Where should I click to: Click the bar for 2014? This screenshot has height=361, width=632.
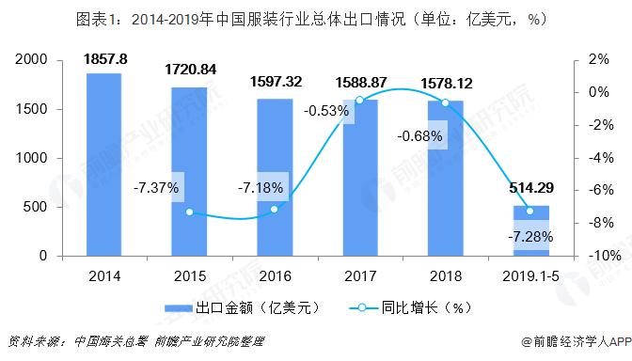coord(103,165)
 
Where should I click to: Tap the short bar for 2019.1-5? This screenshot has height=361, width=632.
coord(530,230)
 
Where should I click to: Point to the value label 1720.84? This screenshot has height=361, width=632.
coord(189,71)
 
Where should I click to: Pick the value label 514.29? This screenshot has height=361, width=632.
coord(530,192)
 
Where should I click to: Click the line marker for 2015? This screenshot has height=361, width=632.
coord(189,212)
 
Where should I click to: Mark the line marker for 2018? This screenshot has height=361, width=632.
coord(445,102)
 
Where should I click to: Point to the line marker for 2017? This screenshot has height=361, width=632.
coord(359,100)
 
